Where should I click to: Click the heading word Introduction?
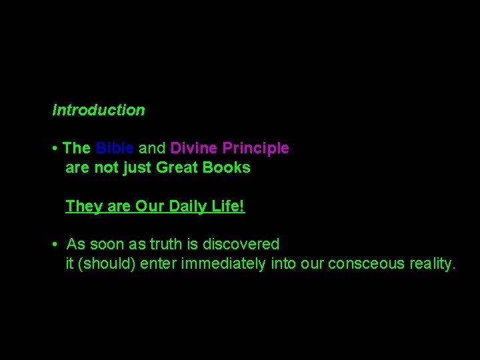point(99,110)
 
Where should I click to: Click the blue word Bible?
point(115,148)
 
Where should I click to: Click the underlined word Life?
point(228,207)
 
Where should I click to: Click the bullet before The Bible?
point(55,148)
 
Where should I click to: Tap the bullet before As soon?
point(55,245)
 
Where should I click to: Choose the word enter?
point(163,263)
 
